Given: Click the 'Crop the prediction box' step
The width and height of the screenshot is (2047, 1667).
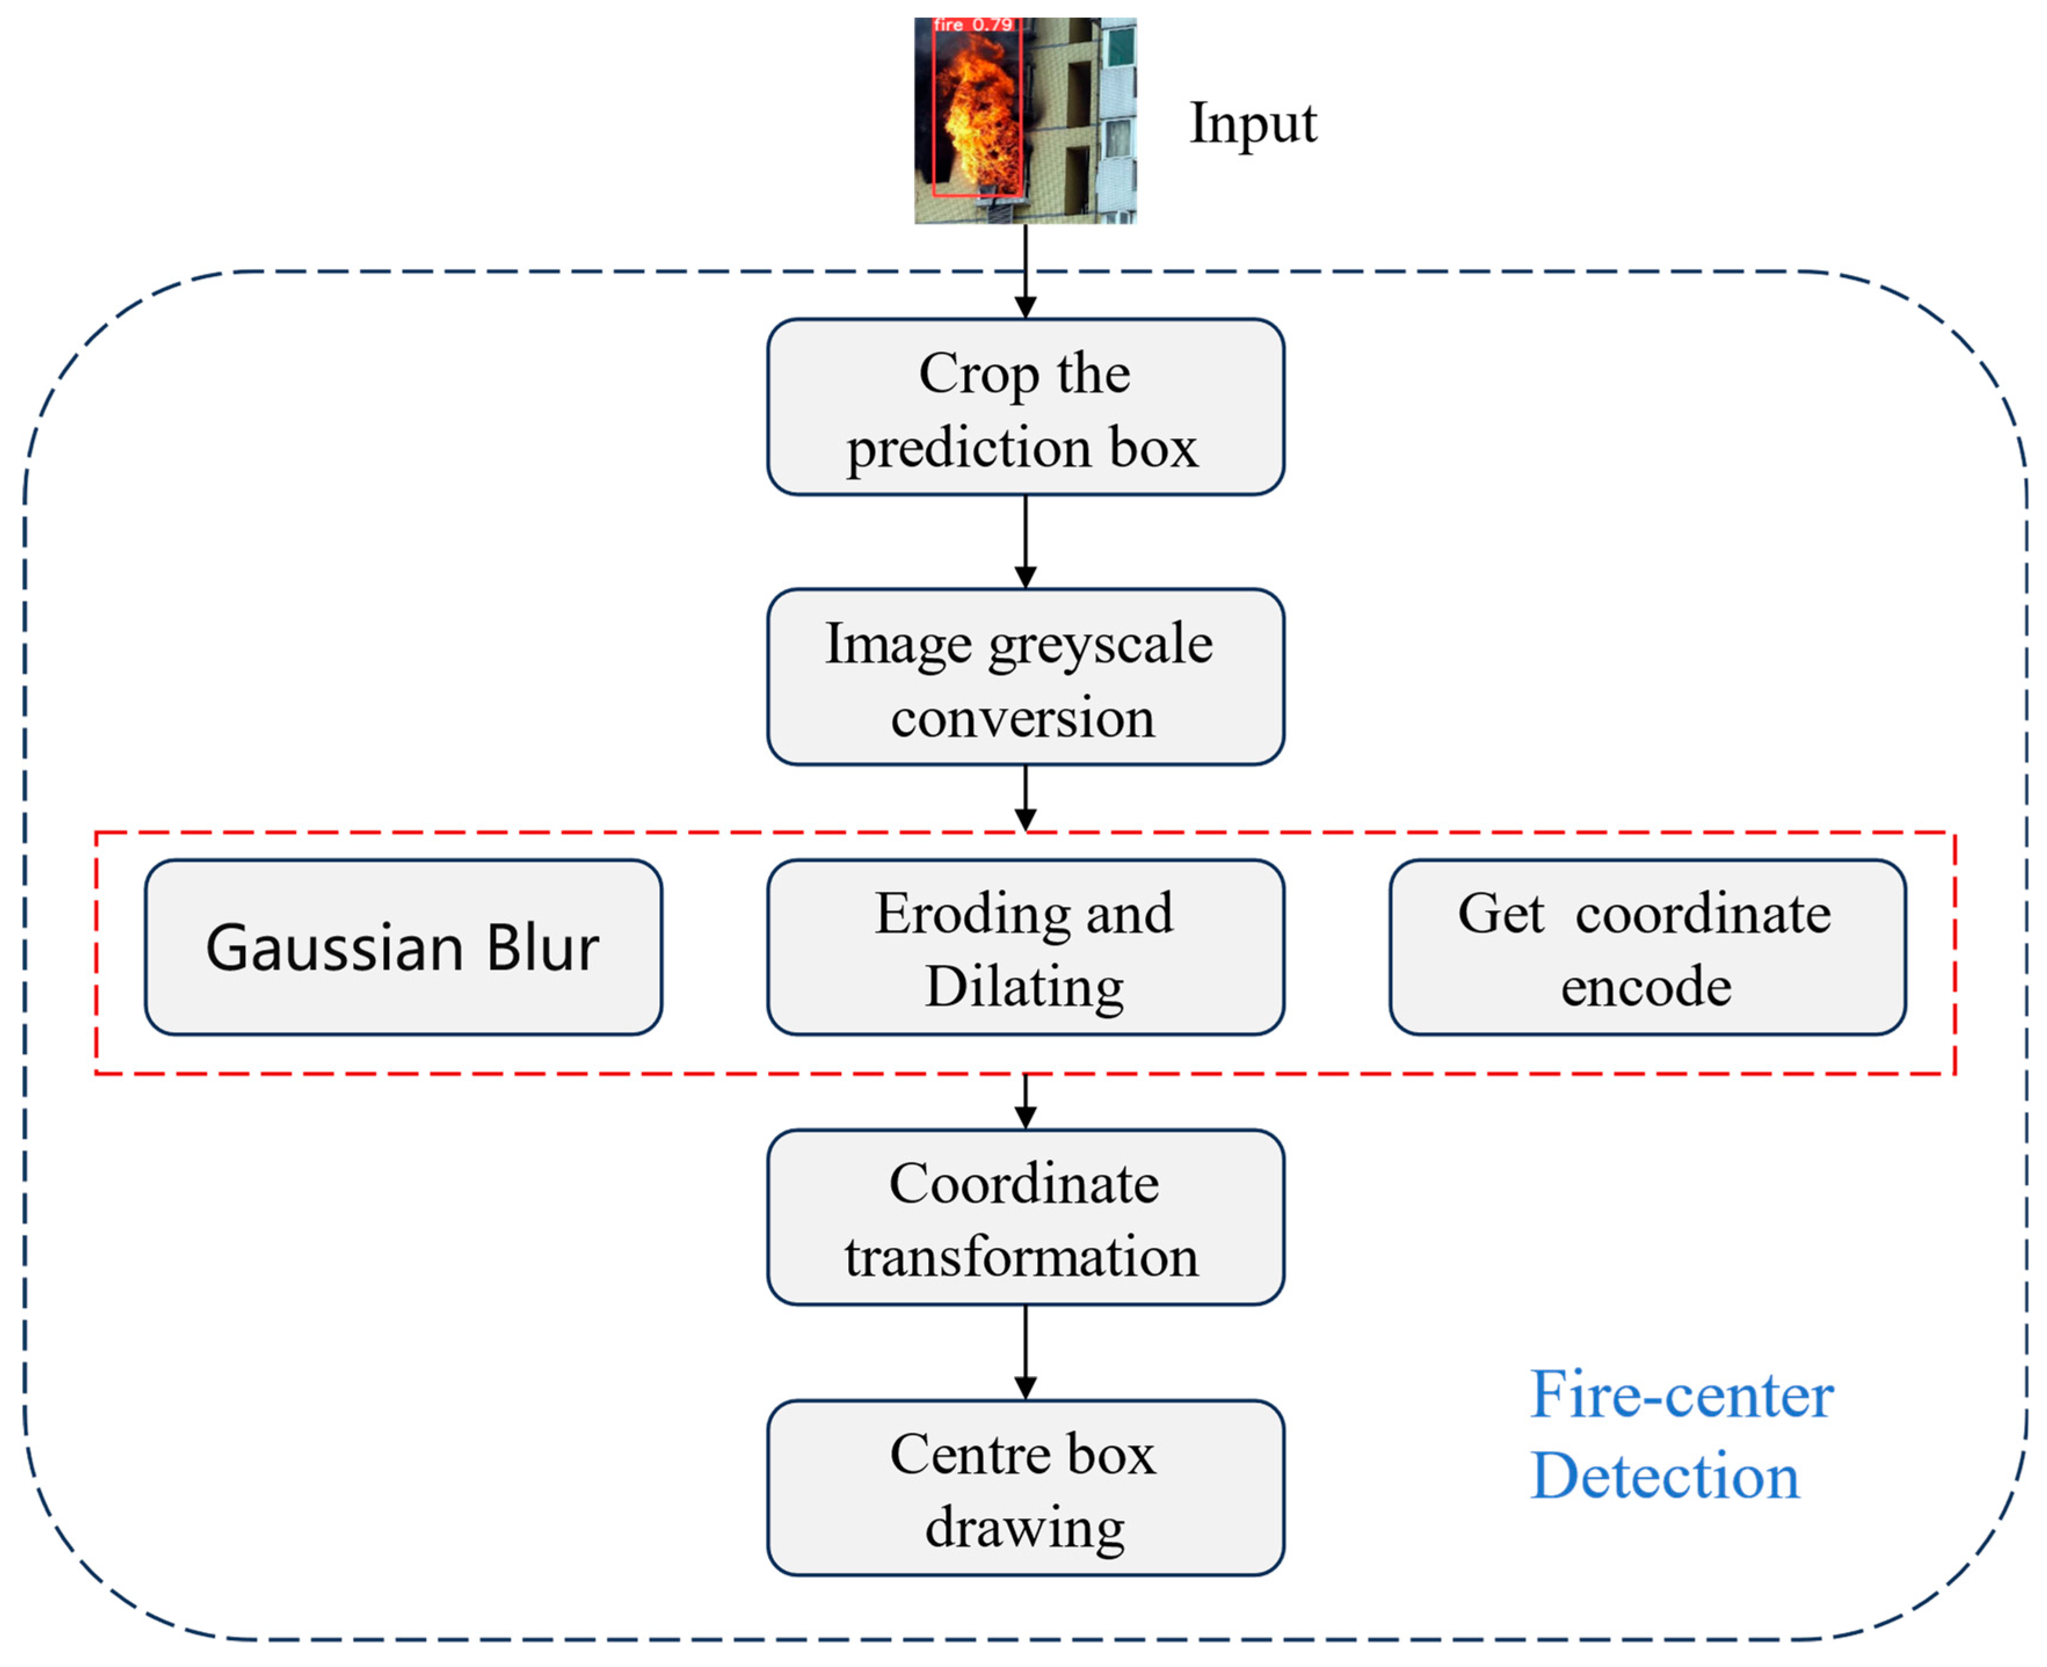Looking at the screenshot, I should coord(1025,407).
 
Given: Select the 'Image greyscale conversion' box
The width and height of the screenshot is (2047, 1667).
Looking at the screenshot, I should coord(1025,677).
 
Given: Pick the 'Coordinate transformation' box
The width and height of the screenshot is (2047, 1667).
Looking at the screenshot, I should coord(1025,1218).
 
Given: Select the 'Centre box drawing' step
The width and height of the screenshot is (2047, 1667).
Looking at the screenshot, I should coord(1025,1488).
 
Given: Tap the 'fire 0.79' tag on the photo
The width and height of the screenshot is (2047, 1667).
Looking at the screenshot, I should coord(972,25).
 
